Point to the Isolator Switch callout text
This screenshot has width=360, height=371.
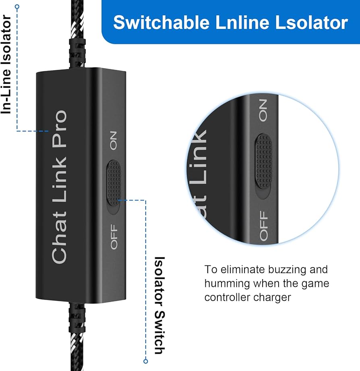tap(160, 305)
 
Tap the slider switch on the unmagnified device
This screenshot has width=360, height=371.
tap(114, 183)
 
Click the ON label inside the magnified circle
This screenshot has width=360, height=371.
tap(263, 111)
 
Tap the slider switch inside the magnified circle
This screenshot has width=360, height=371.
tap(263, 160)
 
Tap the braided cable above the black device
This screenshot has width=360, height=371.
tap(78, 32)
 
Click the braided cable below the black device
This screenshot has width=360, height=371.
tap(77, 338)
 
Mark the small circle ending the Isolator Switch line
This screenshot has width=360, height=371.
tap(146, 361)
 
